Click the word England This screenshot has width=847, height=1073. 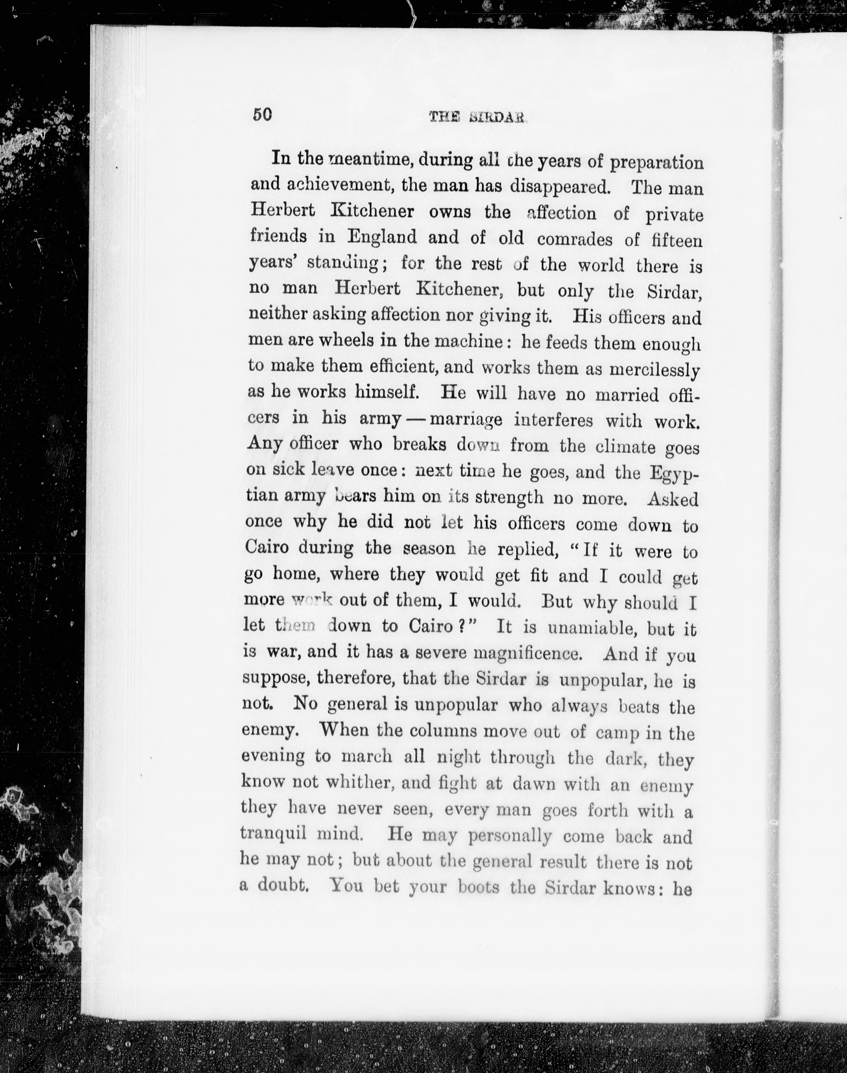click(x=382, y=237)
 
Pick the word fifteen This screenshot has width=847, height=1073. click(x=676, y=240)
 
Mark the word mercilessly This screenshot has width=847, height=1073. click(x=654, y=370)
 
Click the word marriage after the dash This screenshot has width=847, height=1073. click(x=466, y=420)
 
